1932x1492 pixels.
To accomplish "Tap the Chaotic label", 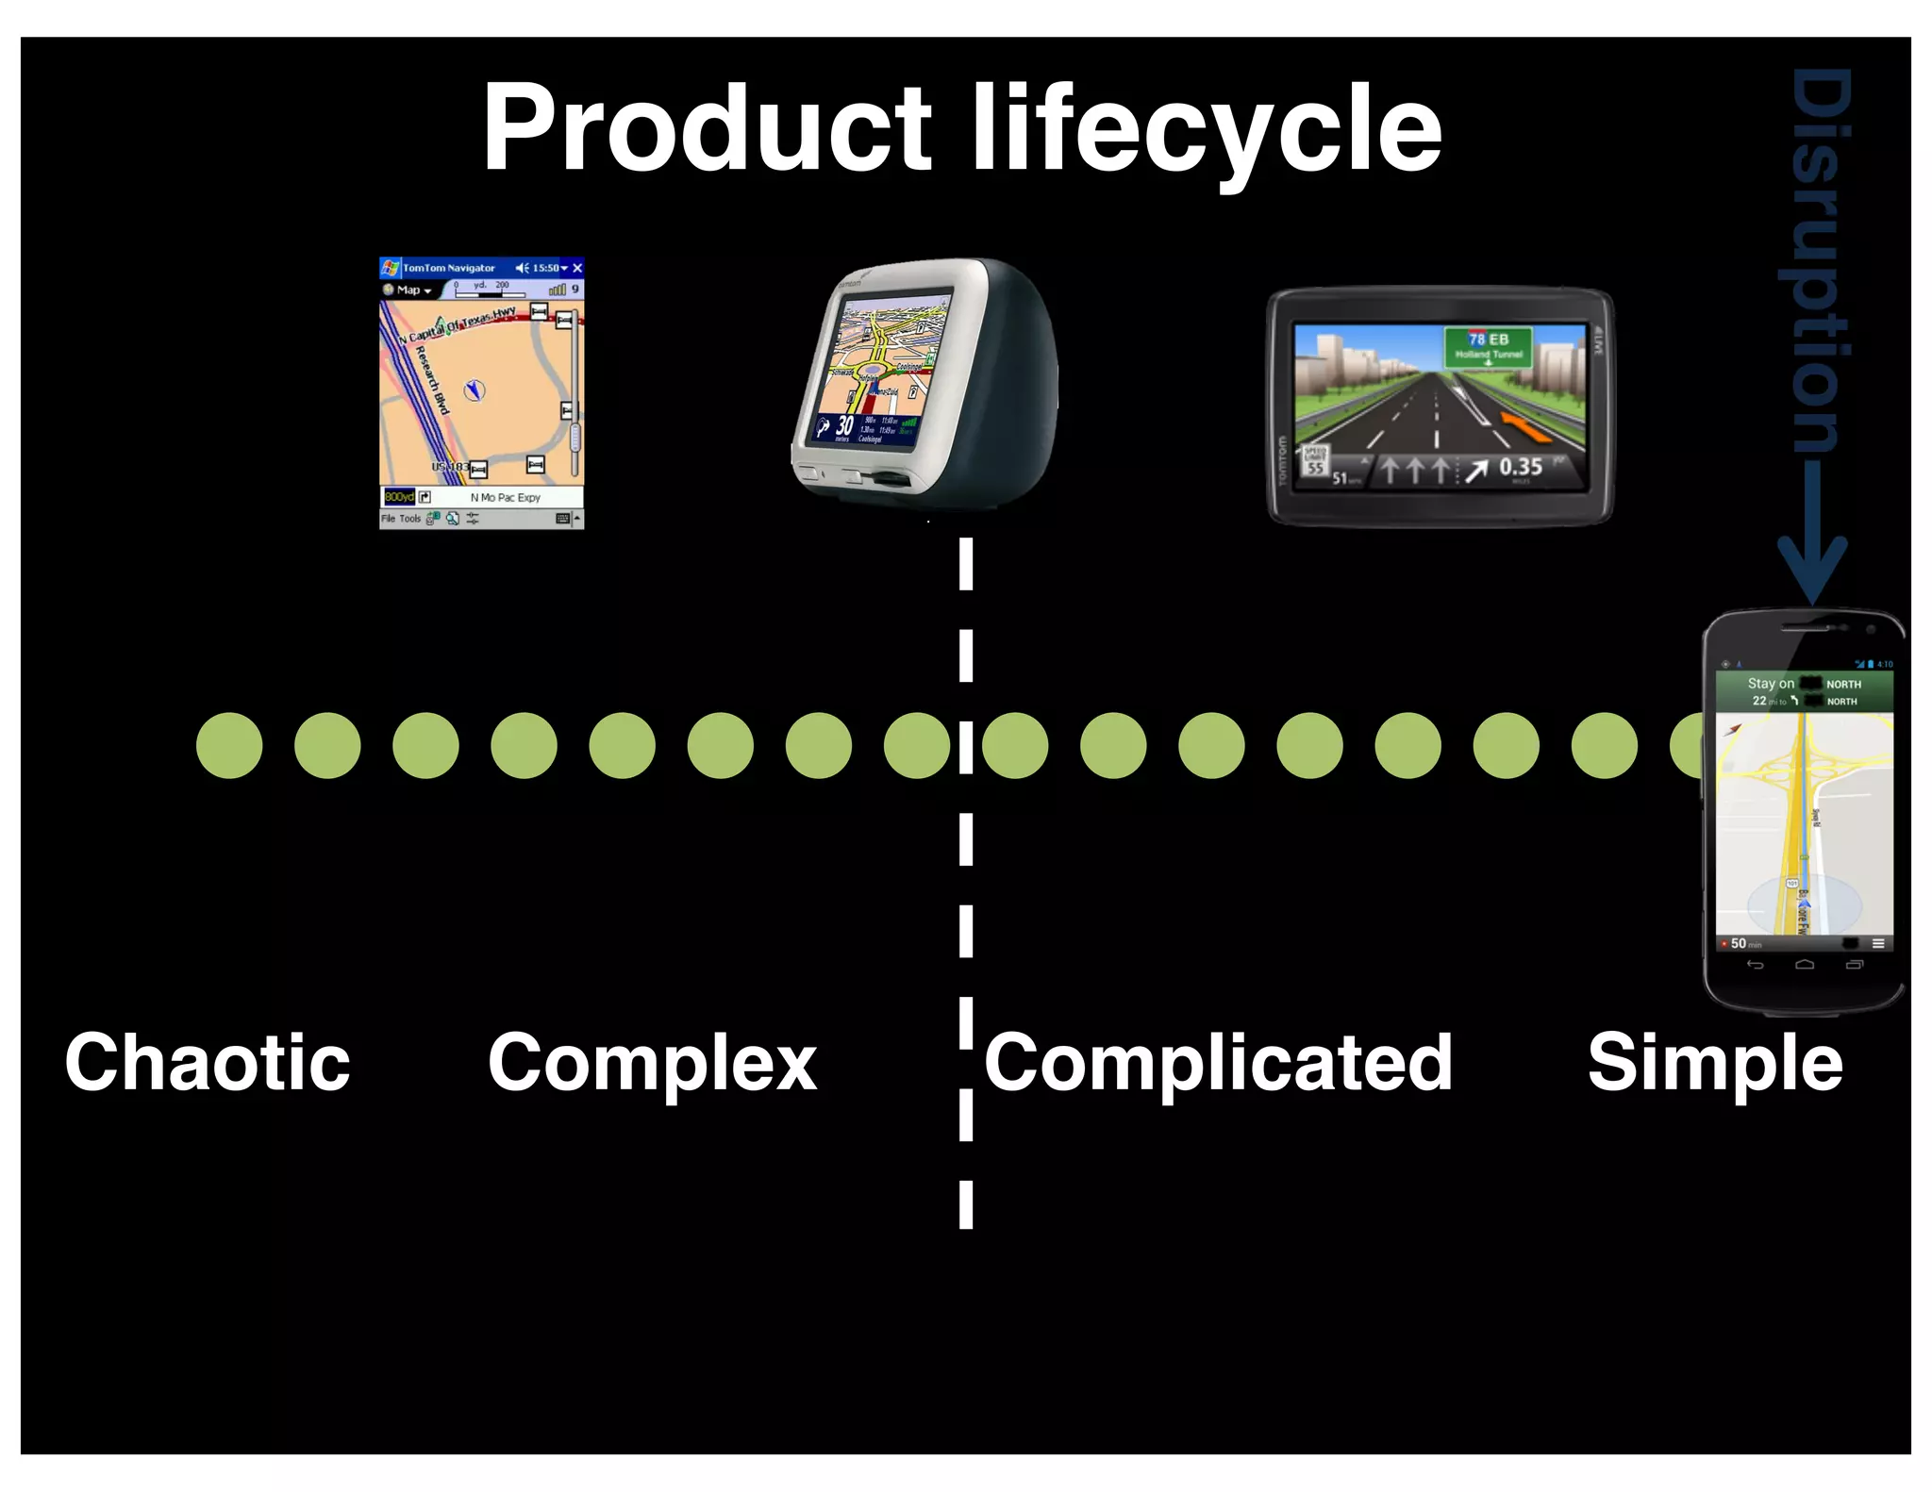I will (208, 1062).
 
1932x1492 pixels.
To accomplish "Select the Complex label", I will (652, 1064).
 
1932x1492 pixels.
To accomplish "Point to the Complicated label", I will (1218, 1064).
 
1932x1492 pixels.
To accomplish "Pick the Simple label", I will (1714, 1064).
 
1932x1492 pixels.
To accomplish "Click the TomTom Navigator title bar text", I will (449, 269).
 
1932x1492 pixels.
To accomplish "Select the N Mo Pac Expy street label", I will (505, 498).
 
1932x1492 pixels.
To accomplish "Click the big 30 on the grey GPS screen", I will (844, 426).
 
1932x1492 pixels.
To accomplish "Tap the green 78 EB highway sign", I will (1488, 346).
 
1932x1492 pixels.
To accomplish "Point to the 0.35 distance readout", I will (1521, 467).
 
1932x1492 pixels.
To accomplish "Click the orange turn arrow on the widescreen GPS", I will (1524, 428).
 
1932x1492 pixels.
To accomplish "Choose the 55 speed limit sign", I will (1315, 462).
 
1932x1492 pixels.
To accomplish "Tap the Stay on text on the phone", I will (1770, 684).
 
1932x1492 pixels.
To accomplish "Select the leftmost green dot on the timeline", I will (229, 746).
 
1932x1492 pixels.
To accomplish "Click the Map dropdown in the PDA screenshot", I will (408, 290).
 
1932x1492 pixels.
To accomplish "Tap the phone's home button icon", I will (1805, 965).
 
